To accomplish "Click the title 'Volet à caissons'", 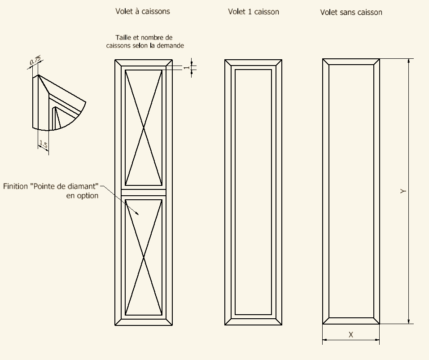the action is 143,11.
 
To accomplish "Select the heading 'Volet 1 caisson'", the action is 254,12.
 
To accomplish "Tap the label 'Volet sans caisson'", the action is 351,12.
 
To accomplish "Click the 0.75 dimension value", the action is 35,61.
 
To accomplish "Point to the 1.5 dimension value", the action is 44,144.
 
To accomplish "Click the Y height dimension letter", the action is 403,191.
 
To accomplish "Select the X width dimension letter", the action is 351,334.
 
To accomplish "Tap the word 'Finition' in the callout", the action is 16,186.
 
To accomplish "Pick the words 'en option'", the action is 82,196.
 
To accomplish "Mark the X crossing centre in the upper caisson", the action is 144,127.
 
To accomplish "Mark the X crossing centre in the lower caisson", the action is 144,257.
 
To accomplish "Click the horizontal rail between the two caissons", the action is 144,193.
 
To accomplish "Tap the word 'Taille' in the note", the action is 123,38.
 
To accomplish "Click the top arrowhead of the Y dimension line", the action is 409,61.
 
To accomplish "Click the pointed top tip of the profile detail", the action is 38,75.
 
